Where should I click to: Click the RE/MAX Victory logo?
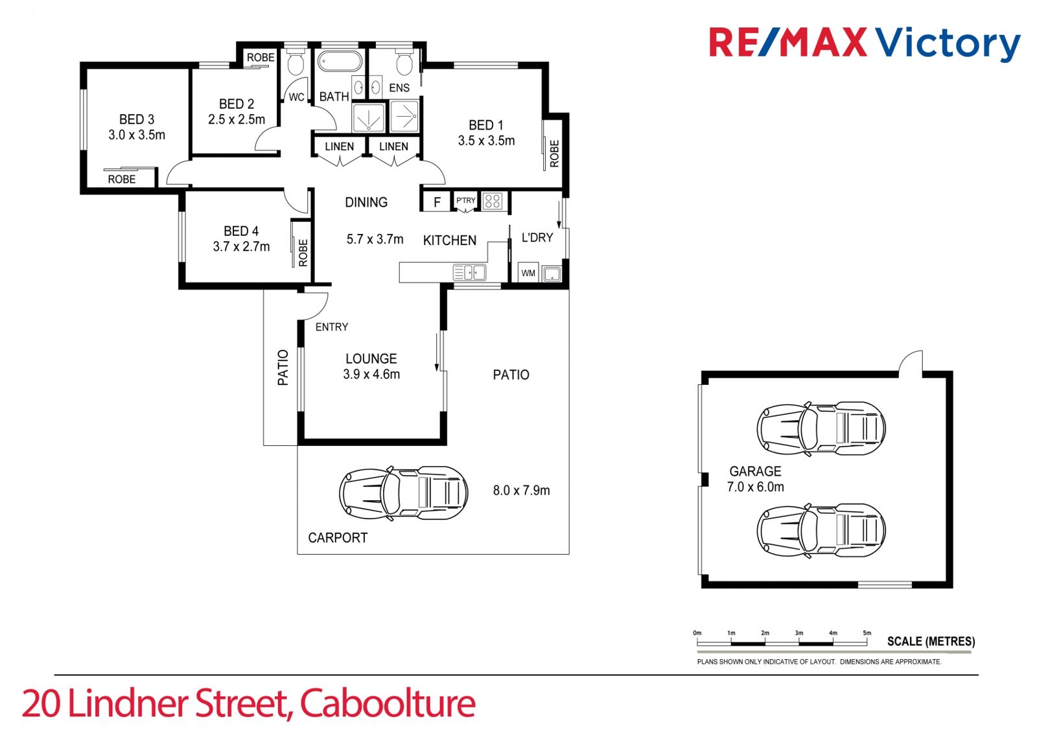pos(865,43)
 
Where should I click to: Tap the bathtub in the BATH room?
pos(340,62)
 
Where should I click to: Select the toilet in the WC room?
pos(295,62)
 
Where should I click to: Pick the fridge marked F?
pos(437,202)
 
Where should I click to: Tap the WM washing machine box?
pos(528,273)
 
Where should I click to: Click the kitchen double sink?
pos(469,273)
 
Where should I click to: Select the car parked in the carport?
pos(403,494)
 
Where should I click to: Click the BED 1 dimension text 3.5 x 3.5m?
pos(486,141)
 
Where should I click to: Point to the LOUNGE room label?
pos(371,358)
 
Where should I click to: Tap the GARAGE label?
pos(755,471)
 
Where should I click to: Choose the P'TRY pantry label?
pos(466,200)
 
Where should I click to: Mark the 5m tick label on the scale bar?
pos(867,633)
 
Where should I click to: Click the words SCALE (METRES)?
pos(931,642)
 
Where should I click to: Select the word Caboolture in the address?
pos(388,703)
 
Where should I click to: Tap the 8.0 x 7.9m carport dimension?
pos(521,491)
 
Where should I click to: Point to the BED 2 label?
pos(237,104)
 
